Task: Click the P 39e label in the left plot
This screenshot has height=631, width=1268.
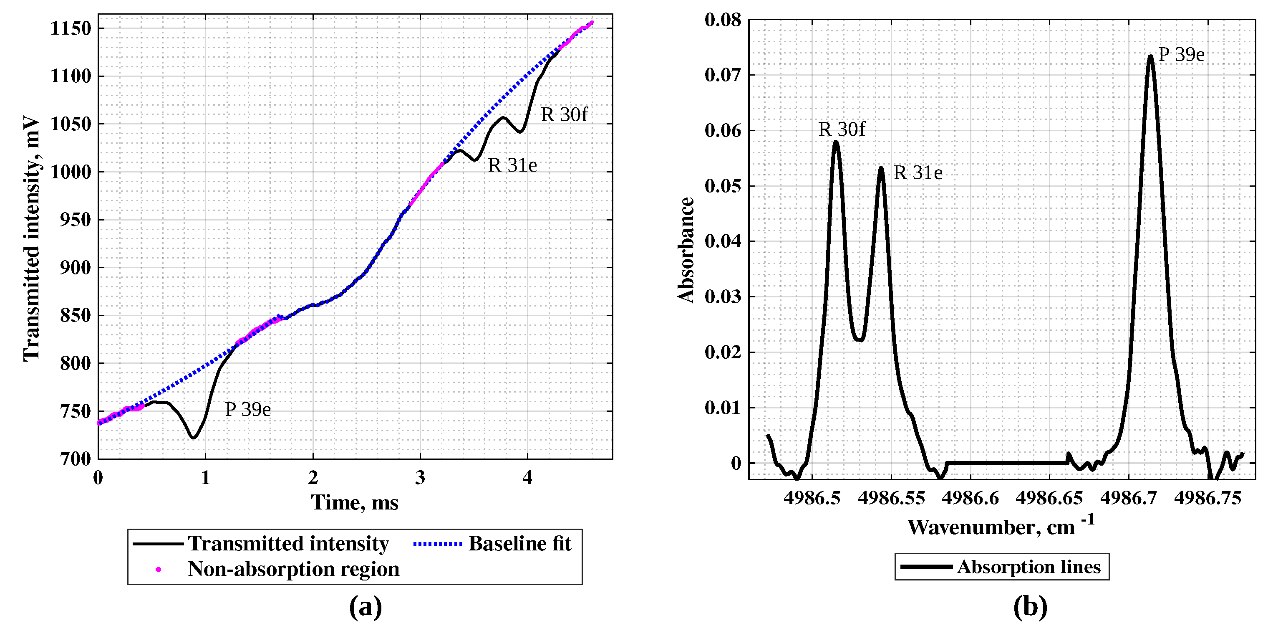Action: (247, 409)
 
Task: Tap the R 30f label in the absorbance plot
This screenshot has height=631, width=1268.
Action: (841, 129)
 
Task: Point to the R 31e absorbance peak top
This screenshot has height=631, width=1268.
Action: (881, 168)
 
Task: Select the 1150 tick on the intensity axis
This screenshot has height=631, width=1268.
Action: (71, 28)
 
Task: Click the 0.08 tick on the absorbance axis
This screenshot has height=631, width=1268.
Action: (723, 20)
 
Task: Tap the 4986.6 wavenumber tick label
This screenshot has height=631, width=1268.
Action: (970, 498)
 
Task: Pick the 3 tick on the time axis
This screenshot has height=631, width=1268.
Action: (420, 477)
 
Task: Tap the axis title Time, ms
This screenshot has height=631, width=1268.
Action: (354, 503)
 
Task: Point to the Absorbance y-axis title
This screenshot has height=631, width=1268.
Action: (686, 250)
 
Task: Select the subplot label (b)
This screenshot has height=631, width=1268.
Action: (1030, 607)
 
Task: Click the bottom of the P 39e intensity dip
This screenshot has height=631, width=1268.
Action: (194, 437)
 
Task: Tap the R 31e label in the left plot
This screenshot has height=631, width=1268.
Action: (512, 165)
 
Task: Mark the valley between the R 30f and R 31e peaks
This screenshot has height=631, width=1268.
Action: (859, 340)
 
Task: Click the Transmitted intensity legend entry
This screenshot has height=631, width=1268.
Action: (288, 544)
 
